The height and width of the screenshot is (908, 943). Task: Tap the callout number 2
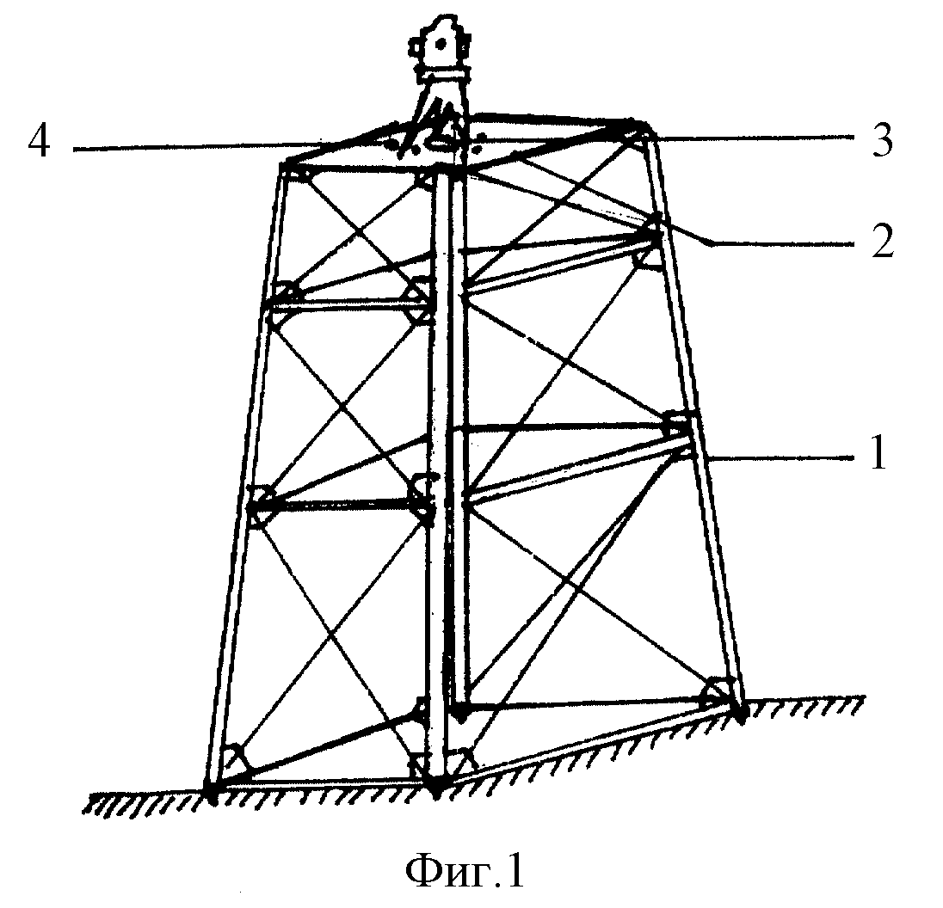tap(882, 242)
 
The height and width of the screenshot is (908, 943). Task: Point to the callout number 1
tap(878, 454)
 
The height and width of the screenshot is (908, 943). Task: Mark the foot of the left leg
tap(213, 791)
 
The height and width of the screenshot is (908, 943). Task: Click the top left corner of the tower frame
tap(283, 163)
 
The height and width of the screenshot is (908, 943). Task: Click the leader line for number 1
tap(781, 457)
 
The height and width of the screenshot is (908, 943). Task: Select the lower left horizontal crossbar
tap(339, 506)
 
